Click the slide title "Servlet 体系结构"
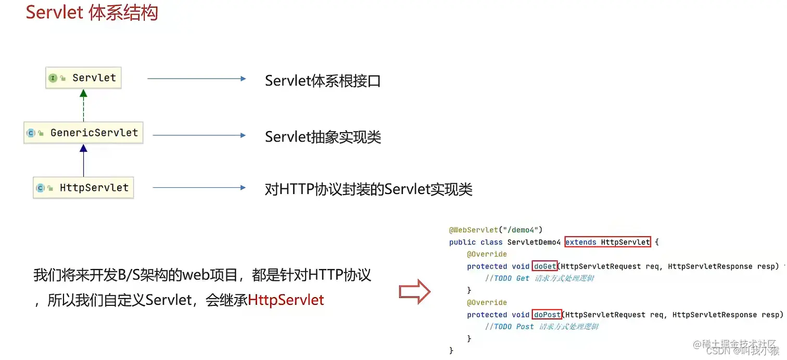92,12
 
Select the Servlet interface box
83,78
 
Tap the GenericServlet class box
83,133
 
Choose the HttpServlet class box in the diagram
83,188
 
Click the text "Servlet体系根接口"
323,81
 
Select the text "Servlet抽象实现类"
323,137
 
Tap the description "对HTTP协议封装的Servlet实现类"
369,189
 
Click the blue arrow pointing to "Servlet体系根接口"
196,79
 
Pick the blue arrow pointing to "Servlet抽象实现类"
199,135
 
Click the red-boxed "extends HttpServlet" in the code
607,242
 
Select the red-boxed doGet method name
544,266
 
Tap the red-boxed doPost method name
547,314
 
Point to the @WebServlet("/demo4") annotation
496,229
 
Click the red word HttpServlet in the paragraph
286,300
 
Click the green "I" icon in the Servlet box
53,78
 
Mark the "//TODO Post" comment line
541,326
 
